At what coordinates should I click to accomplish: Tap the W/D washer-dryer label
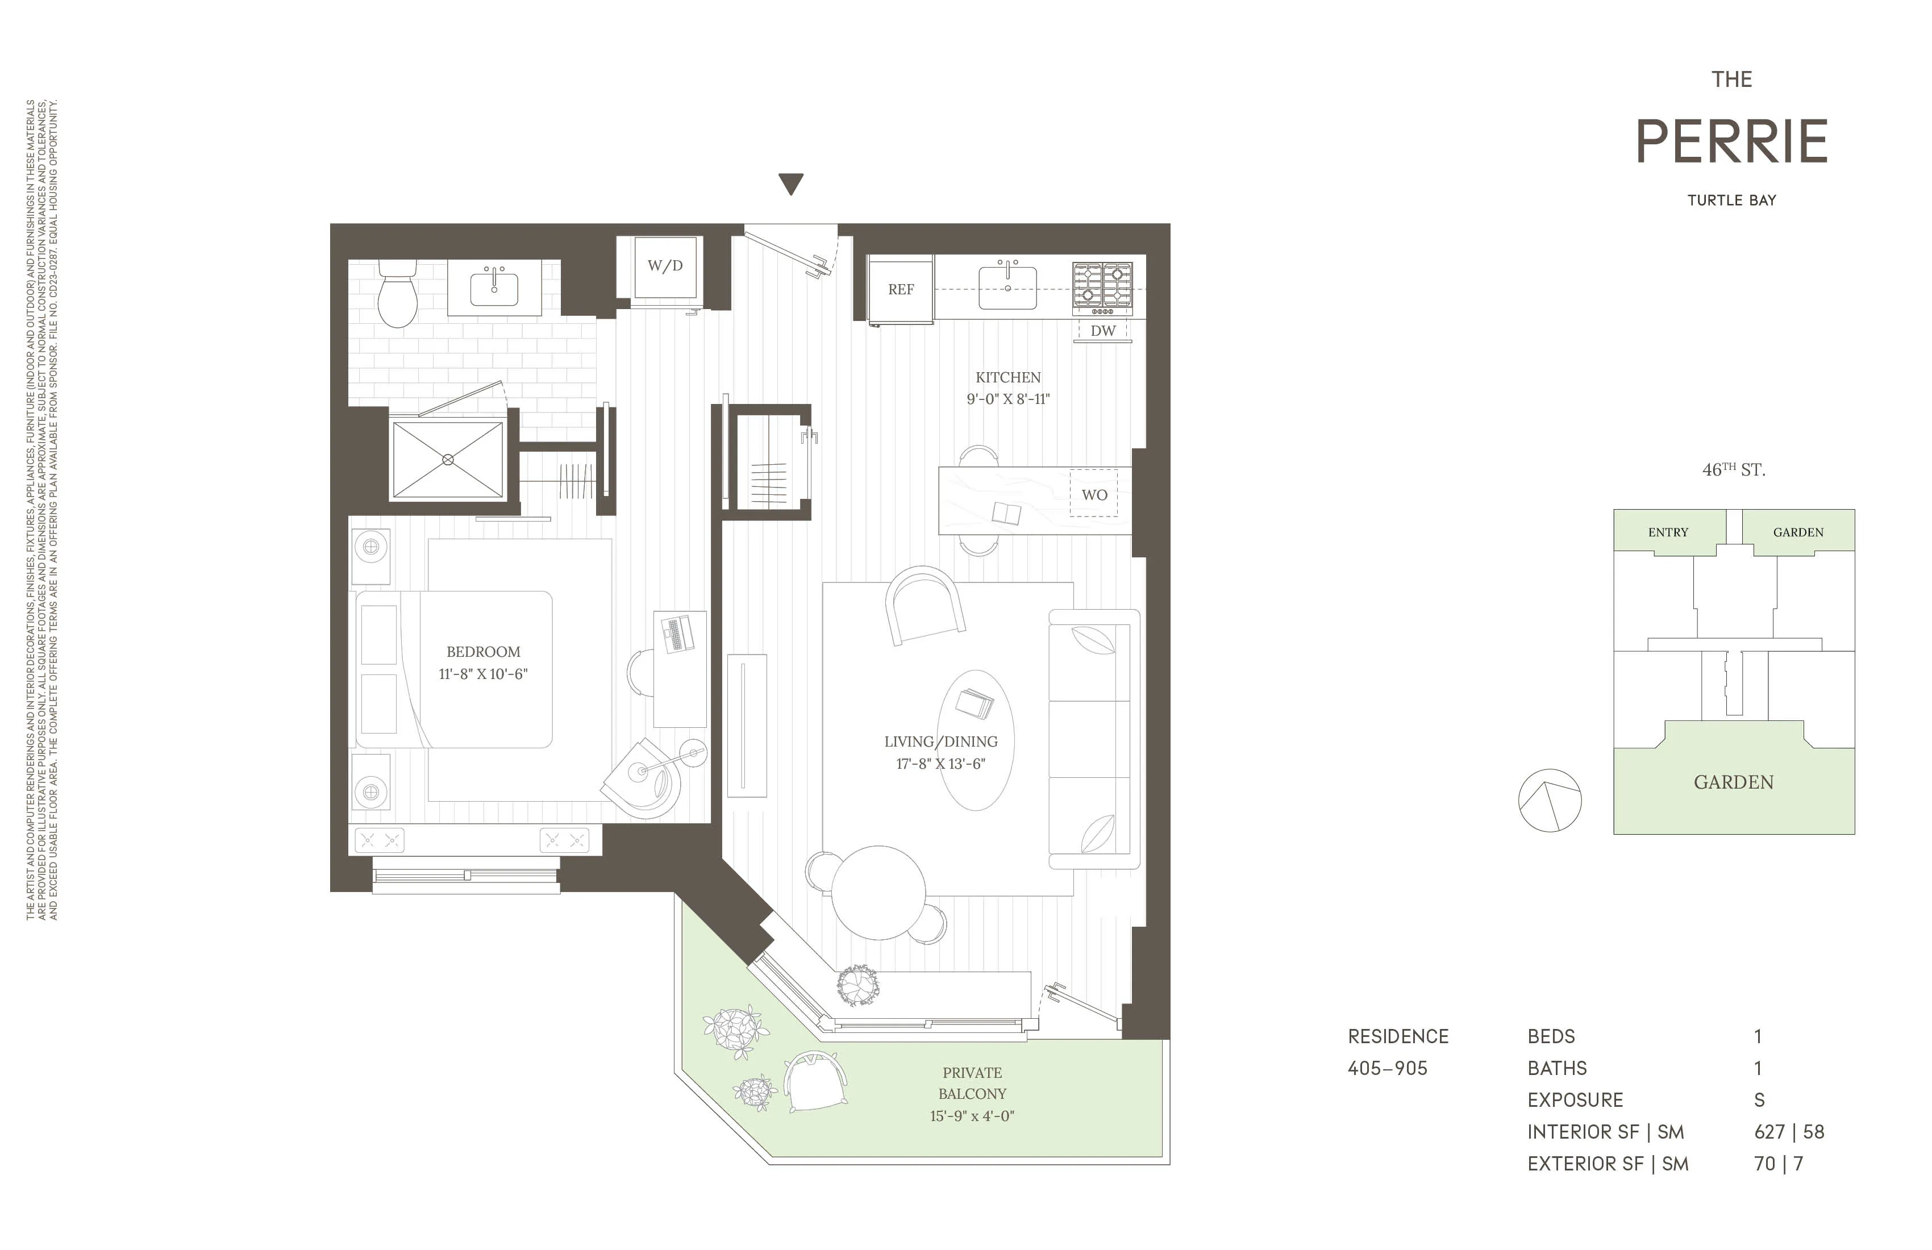coord(665,265)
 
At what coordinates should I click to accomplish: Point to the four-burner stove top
coord(1102,286)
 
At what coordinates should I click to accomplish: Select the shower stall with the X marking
coord(448,460)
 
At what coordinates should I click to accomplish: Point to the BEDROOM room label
coord(483,652)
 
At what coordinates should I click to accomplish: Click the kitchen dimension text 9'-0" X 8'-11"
coord(1007,399)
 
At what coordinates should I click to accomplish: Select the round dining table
coord(878,892)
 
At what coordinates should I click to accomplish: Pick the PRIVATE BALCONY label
coord(972,1083)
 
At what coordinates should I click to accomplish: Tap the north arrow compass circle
coord(1549,801)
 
